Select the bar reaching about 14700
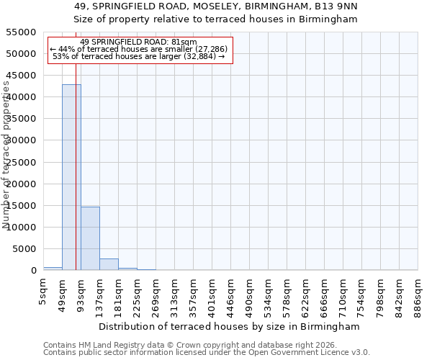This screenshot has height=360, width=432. tap(90, 238)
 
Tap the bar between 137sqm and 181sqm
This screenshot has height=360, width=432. tap(109, 264)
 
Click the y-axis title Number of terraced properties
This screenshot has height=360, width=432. tap(6, 155)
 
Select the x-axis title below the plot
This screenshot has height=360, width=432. tap(230, 326)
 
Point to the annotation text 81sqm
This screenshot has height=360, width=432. tap(184, 42)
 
